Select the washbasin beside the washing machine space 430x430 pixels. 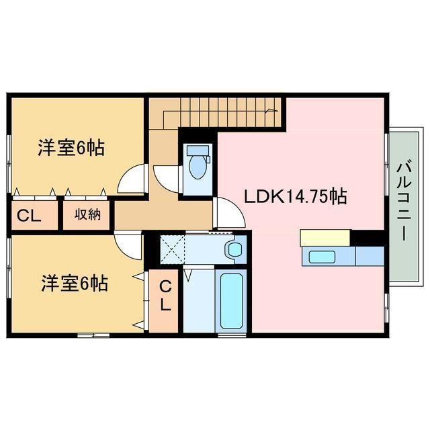tap(234, 250)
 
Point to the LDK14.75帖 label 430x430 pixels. tap(294, 197)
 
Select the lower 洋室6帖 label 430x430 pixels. tap(74, 284)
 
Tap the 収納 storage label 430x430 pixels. tap(87, 216)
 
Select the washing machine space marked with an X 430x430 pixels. tap(171, 251)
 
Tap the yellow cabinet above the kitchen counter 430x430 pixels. tap(325, 237)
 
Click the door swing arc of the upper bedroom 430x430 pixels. tap(132, 179)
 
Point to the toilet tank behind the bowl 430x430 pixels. tap(198, 150)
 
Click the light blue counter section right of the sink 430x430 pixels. tap(369, 256)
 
